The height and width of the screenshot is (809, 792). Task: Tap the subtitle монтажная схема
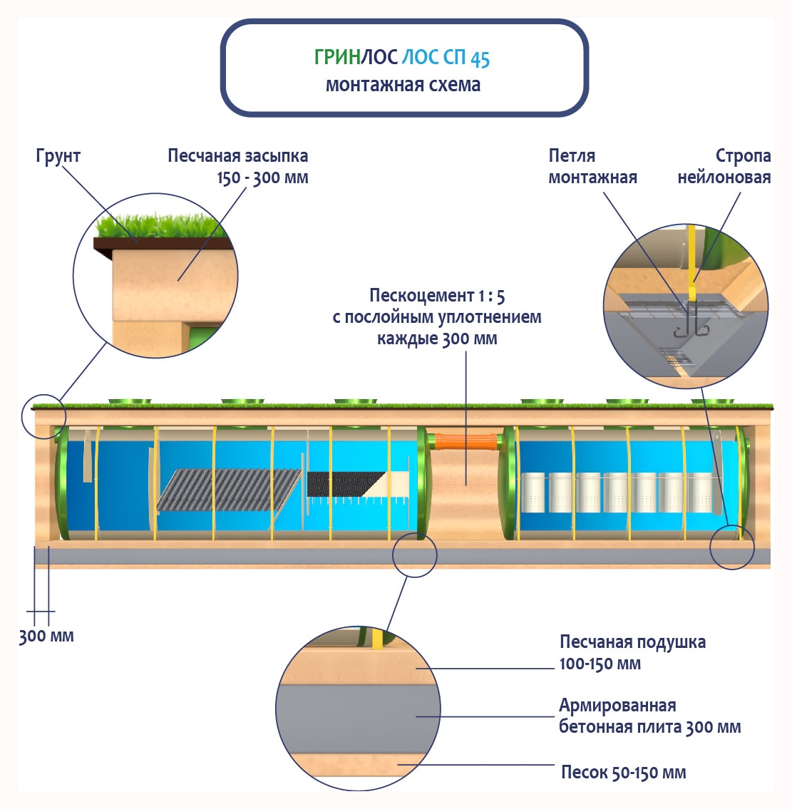403,85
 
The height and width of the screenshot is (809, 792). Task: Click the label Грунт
58,156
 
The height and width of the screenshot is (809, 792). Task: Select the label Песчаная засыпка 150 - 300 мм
238,166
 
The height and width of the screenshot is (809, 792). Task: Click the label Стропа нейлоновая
724,166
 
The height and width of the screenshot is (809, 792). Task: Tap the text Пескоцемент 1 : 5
437,295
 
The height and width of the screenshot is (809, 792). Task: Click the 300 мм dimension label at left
46,636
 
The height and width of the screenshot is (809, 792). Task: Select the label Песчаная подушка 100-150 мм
632,652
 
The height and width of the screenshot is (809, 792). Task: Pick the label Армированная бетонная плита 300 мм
649,716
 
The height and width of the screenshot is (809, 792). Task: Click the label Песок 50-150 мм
623,773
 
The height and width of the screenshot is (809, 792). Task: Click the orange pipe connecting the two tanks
466,441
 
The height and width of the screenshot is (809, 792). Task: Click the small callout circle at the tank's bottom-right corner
732,547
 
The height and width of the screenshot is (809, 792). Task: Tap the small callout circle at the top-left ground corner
43,415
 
